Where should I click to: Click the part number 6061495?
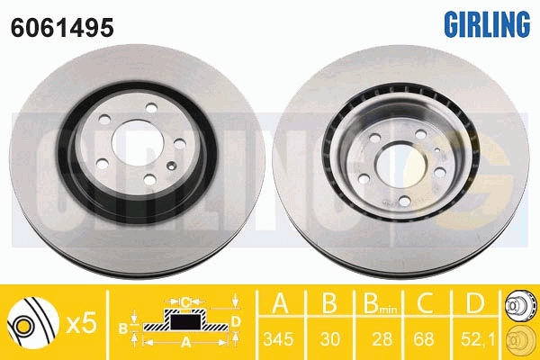coord(62,27)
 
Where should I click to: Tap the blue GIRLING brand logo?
coord(487,23)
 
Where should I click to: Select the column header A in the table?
coord(280,302)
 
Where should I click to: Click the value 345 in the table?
coord(278,339)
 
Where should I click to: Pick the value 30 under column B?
coord(330,339)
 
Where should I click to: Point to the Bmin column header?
coord(380,303)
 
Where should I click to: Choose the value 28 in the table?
coord(382,339)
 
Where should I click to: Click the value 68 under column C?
coord(424,339)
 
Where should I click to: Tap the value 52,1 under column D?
coord(478,339)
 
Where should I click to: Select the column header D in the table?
coord(474,302)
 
